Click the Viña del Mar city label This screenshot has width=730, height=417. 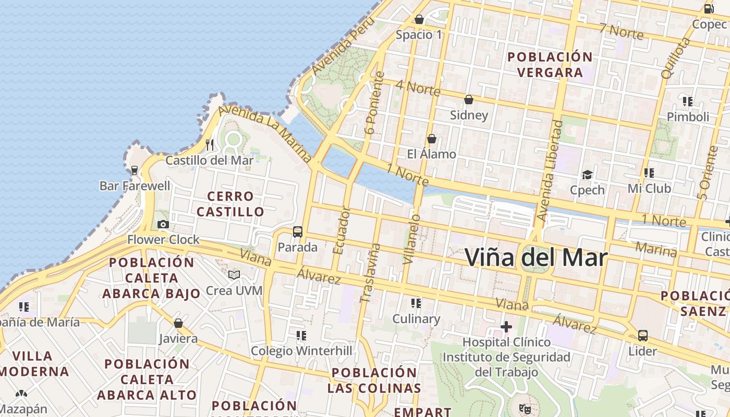tap(536, 258)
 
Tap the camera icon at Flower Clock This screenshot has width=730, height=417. tap(163, 224)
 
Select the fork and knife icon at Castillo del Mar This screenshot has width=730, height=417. tap(210, 144)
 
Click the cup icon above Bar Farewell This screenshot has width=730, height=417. tap(135, 170)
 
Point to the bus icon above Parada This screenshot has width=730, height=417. tap(298, 232)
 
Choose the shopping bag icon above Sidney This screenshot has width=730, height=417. tap(469, 99)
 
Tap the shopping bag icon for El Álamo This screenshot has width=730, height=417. tap(432, 139)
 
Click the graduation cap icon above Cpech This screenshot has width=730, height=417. tap(588, 175)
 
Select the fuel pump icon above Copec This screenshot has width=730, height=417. tap(709, 8)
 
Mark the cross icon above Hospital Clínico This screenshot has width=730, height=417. tap(506, 327)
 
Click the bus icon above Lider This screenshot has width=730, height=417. tap(642, 335)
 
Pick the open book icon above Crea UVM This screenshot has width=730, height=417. tap(234, 275)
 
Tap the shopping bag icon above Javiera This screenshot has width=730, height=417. tap(178, 323)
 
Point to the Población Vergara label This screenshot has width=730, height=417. tap(550, 64)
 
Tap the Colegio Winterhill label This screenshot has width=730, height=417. tap(301, 351)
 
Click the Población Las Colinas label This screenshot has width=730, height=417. tap(374, 380)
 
